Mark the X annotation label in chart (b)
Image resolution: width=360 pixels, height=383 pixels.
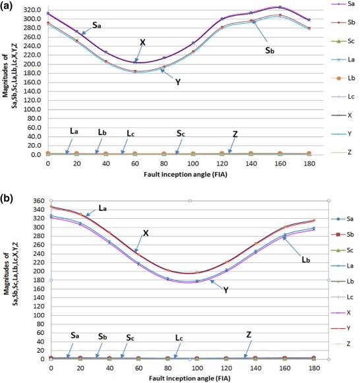click(146, 233)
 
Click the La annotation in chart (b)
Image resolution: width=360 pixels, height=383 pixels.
click(103, 207)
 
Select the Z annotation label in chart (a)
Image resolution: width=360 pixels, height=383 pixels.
click(235, 134)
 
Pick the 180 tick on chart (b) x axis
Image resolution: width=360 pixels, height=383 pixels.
click(314, 366)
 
